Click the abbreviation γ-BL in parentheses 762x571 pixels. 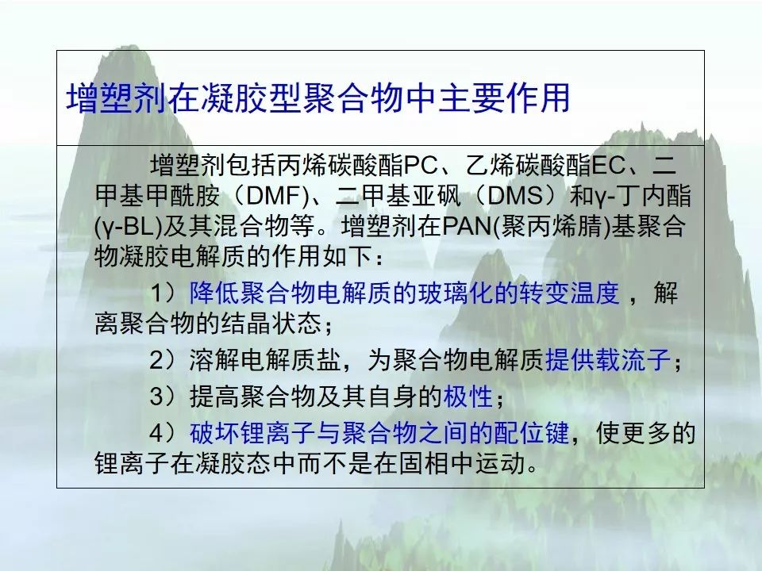[x=128, y=226]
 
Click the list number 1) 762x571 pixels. [x=164, y=293]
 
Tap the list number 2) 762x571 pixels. [x=164, y=360]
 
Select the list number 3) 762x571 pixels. [x=164, y=397]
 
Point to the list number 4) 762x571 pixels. [x=164, y=433]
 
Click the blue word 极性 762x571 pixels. [x=468, y=397]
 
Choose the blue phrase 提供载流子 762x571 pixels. [x=608, y=360]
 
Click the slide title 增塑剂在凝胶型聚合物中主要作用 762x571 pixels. [x=318, y=98]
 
